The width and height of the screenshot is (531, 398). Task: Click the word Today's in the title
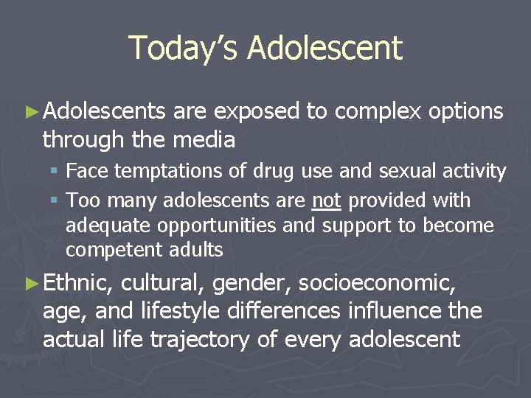pos(184,48)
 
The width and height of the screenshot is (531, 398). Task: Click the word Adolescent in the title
pos(325,48)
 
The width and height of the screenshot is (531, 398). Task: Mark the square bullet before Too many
pos(57,200)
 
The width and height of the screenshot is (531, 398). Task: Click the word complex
pos(377,112)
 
